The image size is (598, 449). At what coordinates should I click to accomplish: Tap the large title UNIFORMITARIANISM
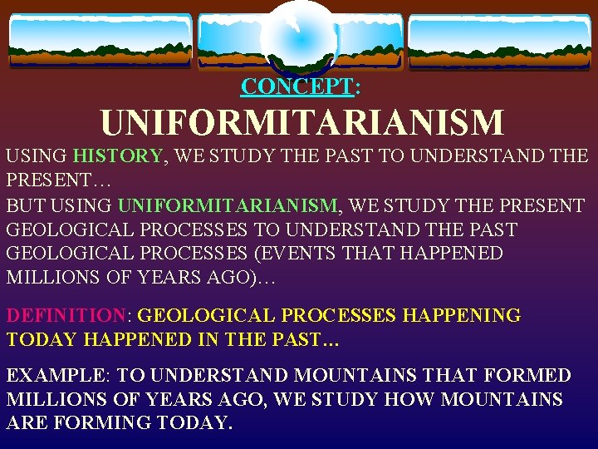302,124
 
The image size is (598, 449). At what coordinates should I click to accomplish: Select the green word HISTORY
117,155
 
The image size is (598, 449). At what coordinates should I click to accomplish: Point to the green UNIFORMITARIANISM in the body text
228,205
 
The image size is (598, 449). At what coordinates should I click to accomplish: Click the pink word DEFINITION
66,316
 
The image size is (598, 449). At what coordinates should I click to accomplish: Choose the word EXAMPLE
59,376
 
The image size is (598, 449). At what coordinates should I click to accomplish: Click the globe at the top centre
298,37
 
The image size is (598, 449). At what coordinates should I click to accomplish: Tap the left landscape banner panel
100,41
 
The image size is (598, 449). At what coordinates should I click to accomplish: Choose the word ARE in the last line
27,422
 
